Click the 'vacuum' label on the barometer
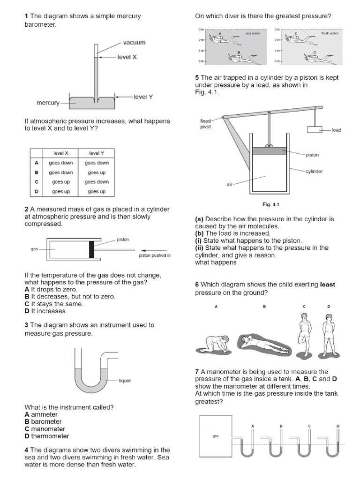(134, 43)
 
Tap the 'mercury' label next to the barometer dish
(48, 103)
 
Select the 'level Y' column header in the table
(96, 153)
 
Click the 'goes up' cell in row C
(60, 182)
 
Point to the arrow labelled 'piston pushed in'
(155, 249)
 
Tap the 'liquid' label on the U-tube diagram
(125, 381)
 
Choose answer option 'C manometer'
(45, 428)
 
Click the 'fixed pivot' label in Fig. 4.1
(205, 124)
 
